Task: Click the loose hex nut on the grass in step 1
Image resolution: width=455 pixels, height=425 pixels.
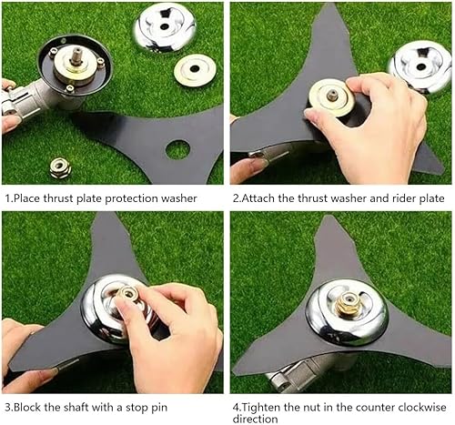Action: click(60, 167)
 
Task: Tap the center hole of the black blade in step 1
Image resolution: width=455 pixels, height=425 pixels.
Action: click(178, 149)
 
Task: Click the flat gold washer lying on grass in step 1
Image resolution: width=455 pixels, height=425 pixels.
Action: click(195, 70)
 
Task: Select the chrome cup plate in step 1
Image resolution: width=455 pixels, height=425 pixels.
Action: click(165, 28)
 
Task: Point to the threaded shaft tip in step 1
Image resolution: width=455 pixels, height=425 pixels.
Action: click(76, 57)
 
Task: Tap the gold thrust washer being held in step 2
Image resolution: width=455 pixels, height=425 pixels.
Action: click(332, 97)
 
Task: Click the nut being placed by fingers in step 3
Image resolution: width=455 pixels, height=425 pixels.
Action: click(128, 294)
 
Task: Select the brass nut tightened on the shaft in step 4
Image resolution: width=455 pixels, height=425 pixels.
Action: click(348, 303)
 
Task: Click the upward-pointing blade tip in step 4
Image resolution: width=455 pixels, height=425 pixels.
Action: click(328, 217)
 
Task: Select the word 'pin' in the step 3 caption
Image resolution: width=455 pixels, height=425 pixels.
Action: click(159, 408)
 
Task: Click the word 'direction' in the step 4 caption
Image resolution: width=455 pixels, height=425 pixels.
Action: click(255, 419)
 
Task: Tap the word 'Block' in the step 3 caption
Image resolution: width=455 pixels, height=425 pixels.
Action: click(27, 407)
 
